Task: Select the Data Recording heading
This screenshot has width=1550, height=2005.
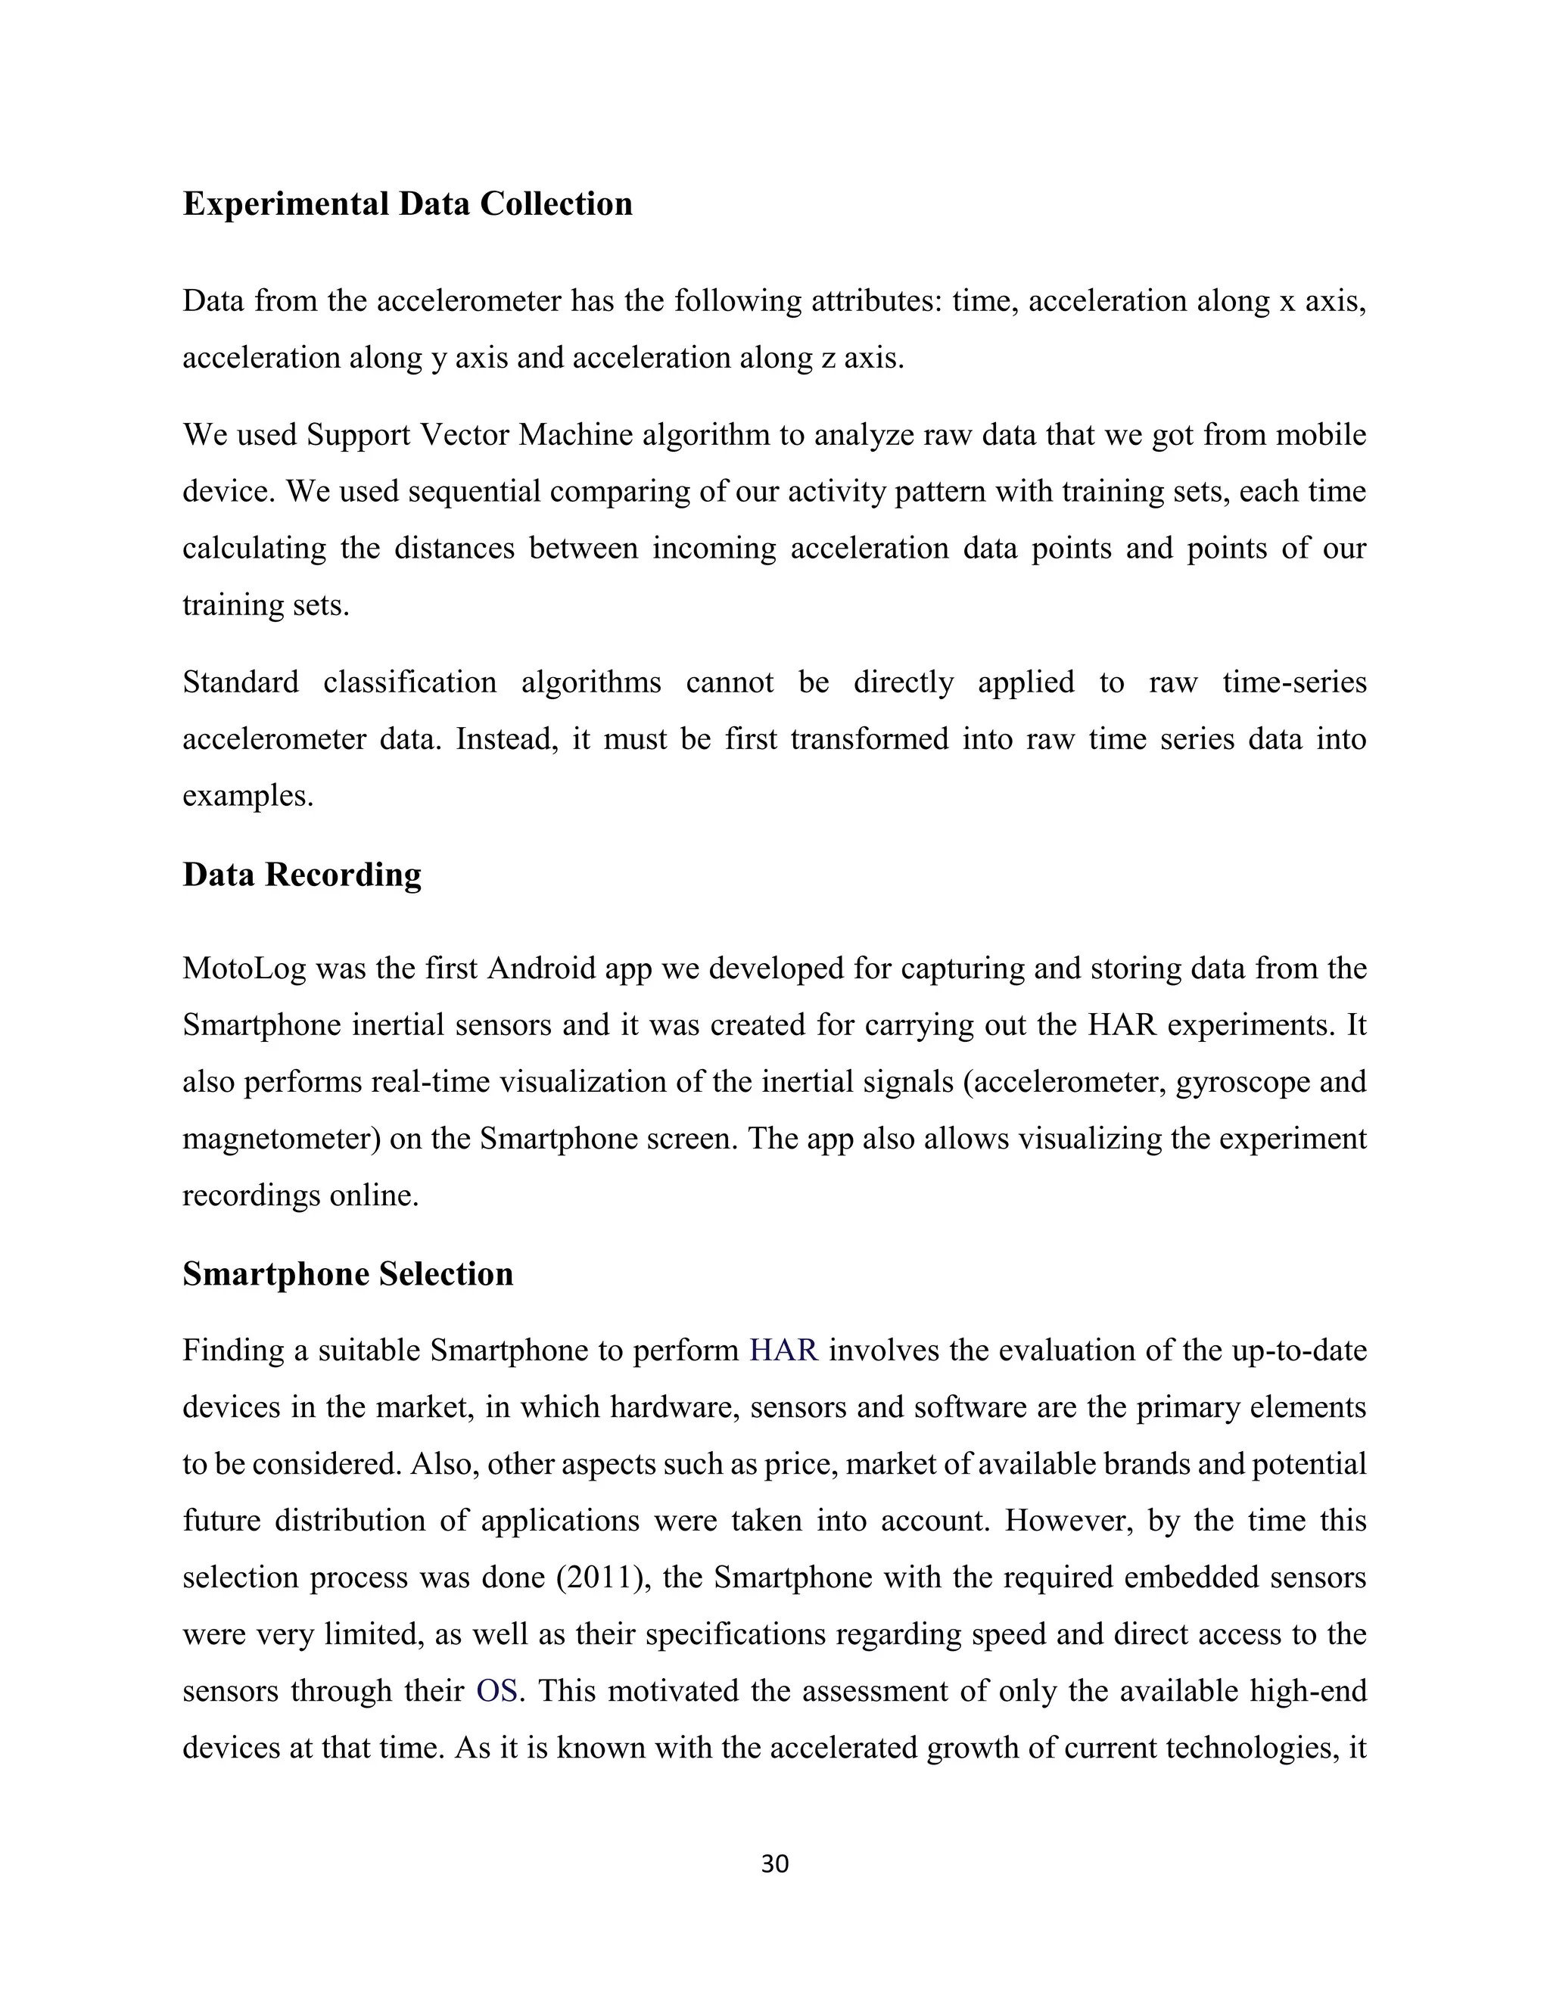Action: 301,874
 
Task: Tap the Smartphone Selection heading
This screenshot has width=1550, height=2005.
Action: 347,1273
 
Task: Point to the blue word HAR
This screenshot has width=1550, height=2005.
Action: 783,1351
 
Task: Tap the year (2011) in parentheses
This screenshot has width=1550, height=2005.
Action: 600,1578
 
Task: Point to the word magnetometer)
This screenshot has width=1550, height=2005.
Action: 281,1139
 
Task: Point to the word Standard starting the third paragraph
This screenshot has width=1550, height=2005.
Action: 241,682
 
